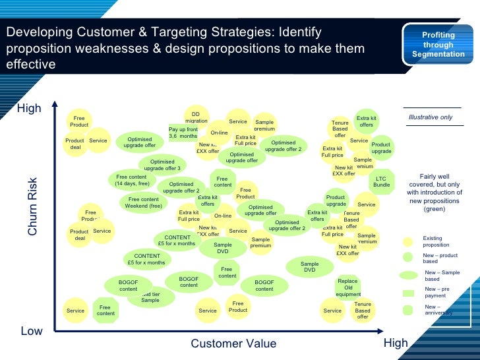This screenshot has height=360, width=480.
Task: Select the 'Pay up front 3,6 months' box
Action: pyautogui.click(x=183, y=133)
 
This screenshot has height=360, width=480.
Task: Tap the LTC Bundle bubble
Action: pyautogui.click(x=381, y=181)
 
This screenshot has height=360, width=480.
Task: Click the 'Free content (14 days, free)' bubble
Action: pyautogui.click(x=133, y=179)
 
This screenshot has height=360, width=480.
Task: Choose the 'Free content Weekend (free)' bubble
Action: pyautogui.click(x=144, y=202)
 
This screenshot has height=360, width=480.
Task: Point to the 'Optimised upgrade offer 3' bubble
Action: pyautogui.click(x=162, y=165)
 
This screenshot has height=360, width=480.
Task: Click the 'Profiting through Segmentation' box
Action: pyautogui.click(x=438, y=45)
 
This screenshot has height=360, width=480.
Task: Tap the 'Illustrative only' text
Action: pyautogui.click(x=431, y=117)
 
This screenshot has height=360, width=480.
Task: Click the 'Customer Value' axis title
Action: pyautogui.click(x=233, y=344)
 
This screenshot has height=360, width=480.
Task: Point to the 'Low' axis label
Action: pyautogui.click(x=32, y=331)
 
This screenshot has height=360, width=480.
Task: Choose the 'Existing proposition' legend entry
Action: pyautogui.click(x=436, y=241)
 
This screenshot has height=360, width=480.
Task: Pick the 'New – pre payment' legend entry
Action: pyautogui.click(x=436, y=292)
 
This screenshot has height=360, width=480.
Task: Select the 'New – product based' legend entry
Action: pyautogui.click(x=440, y=258)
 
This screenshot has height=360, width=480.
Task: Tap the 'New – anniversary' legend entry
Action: pyautogui.click(x=438, y=309)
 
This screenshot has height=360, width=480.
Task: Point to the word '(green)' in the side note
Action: pyautogui.click(x=435, y=209)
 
